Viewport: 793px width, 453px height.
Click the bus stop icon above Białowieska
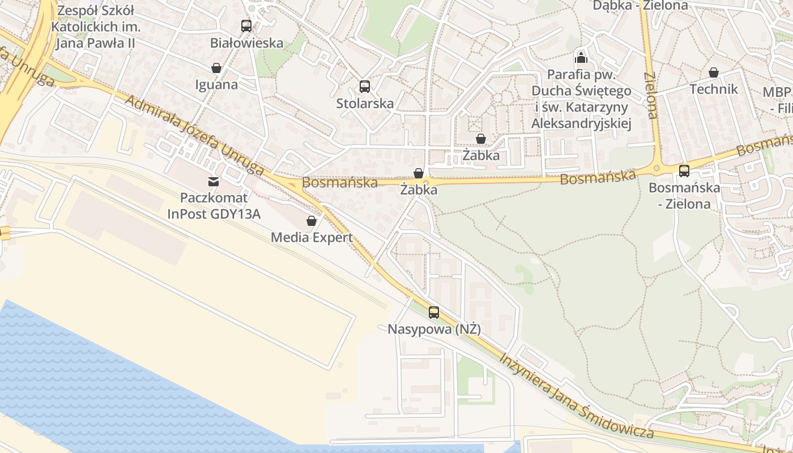coord(246,25)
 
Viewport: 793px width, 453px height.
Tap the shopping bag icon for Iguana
coord(216,68)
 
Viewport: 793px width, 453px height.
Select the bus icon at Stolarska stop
coord(365,87)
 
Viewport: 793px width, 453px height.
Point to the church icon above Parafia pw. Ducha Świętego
coord(581,57)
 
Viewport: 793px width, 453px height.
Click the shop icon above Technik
coord(713,72)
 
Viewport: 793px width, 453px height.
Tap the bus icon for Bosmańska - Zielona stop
coord(684,170)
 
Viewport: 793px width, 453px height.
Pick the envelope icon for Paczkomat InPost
coord(214,181)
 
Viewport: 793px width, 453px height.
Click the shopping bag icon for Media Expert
coord(311,221)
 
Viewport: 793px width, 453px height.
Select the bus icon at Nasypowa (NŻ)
coord(434,312)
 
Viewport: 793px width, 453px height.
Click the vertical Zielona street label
coord(651,95)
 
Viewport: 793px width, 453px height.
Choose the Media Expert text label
coord(312,237)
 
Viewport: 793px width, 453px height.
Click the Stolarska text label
coord(365,104)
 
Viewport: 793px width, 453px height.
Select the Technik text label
coord(714,89)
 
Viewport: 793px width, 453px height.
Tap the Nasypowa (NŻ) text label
coord(434,329)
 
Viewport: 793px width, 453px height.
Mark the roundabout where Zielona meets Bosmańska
coord(656,167)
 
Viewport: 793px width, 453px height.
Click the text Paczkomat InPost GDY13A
coord(214,206)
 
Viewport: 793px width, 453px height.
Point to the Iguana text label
coord(216,84)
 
